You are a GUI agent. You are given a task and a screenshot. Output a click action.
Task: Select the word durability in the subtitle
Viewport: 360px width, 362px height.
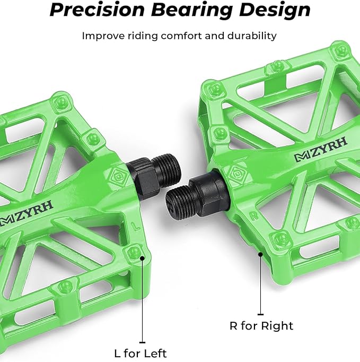click(x=251, y=36)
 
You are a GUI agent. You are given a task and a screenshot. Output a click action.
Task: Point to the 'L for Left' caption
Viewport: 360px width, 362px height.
click(x=141, y=352)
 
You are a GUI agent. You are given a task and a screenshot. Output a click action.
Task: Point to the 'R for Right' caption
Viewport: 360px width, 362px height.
click(x=261, y=325)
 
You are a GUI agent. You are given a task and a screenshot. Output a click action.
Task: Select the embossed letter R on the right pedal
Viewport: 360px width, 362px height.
click(x=255, y=216)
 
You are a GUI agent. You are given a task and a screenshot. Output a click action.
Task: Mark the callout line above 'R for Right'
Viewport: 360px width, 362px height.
click(x=261, y=284)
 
